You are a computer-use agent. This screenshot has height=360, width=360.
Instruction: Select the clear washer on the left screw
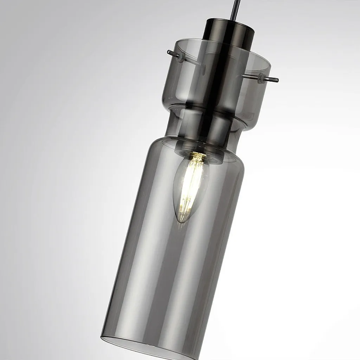point(180,57)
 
